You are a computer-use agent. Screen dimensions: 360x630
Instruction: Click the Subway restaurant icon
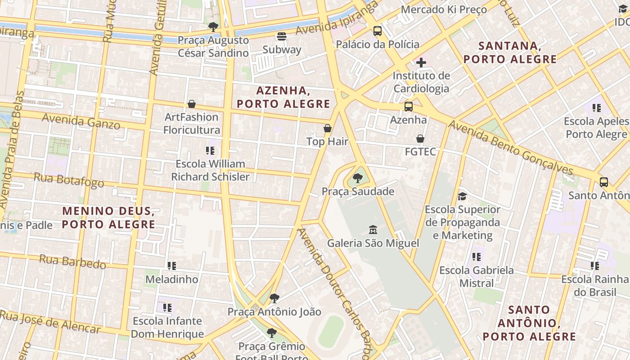[x=282, y=36]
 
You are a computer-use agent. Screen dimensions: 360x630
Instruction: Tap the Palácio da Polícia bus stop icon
[x=378, y=31]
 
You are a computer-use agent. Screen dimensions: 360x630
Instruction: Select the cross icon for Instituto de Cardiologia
[x=421, y=62]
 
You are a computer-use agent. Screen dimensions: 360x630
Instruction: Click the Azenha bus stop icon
[x=409, y=107]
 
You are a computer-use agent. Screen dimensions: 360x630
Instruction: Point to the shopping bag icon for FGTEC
[x=420, y=139]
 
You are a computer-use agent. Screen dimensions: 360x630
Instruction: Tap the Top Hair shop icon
[x=328, y=128]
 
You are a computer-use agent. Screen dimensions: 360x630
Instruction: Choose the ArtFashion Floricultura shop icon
[x=192, y=104]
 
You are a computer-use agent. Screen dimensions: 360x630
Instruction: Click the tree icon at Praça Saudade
[x=358, y=178]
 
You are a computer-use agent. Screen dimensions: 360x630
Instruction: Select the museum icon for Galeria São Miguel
[x=373, y=230]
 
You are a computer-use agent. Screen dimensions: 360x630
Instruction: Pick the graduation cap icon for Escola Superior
[x=462, y=196]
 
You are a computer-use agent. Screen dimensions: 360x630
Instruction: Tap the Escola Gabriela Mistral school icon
[x=477, y=257]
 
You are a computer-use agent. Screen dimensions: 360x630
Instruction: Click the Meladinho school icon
[x=171, y=266]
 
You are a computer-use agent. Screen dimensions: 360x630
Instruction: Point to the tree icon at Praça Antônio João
[x=274, y=298]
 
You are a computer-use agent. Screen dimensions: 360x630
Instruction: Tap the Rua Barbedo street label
[x=72, y=261]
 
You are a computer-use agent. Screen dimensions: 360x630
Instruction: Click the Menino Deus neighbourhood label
[x=108, y=217]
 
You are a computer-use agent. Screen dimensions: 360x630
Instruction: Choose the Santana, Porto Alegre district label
[x=510, y=52]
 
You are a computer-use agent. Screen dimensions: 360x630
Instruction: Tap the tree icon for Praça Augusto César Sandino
[x=213, y=27]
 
